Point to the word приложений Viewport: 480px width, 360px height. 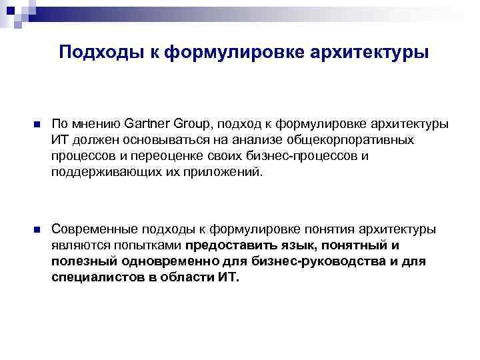point(227,172)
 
